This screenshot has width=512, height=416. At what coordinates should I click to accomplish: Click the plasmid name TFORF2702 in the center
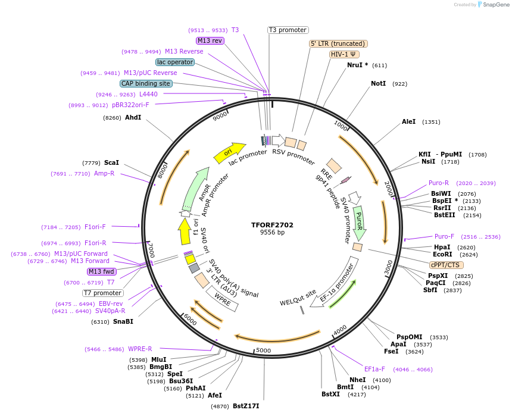coord(272,225)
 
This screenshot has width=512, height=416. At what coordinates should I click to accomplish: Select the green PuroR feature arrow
coord(359,219)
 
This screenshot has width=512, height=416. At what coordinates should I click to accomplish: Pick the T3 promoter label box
coord(288,30)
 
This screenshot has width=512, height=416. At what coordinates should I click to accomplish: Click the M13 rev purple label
coord(210,40)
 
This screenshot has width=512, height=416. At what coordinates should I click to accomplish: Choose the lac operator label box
coord(175,62)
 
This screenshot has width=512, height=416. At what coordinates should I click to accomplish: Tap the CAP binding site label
coord(146,83)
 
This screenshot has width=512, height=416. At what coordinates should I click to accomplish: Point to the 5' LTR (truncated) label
coord(338,43)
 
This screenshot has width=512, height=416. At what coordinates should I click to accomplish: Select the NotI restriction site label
coord(378,84)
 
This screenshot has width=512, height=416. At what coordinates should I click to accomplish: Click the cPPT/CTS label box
coord(445,265)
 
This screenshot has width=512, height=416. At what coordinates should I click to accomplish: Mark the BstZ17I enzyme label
coord(246,406)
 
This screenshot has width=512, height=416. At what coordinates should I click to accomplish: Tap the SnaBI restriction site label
coord(123,321)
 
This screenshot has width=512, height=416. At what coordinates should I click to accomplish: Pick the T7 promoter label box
coord(102,293)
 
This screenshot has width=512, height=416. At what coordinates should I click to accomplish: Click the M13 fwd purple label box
coord(102,271)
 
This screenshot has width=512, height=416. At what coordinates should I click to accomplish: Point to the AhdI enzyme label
coord(133,117)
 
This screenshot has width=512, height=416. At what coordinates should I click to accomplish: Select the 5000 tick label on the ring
coord(263,351)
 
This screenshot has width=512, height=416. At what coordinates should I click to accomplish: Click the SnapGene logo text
coord(495,5)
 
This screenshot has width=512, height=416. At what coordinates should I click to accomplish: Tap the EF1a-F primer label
coord(374,369)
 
